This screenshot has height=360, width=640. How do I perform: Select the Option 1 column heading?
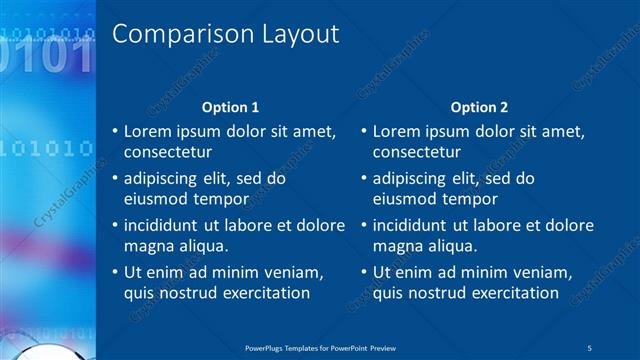(230, 107)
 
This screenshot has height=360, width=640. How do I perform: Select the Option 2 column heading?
(479, 107)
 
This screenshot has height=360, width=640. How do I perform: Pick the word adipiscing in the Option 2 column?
(408, 178)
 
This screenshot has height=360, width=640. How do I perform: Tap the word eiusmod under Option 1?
(154, 198)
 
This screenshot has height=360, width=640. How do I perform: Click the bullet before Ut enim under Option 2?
(364, 272)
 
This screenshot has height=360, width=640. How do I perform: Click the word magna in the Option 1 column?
(146, 245)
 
